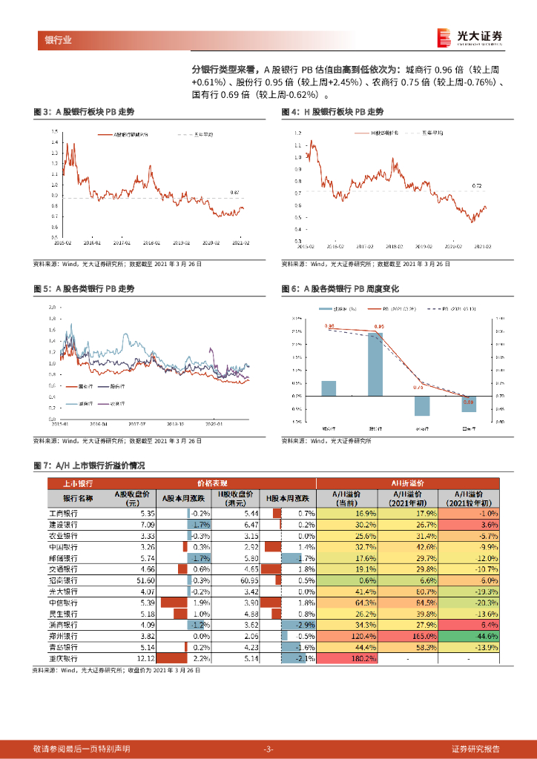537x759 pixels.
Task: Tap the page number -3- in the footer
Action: [x=268, y=749]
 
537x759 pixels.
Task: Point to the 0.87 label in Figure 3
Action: [x=234, y=192]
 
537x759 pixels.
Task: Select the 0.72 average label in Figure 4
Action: [x=478, y=185]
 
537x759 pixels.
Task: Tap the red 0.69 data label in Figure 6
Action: [x=468, y=401]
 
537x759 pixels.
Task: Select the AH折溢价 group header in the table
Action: [x=406, y=483]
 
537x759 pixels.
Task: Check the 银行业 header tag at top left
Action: [x=59, y=40]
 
